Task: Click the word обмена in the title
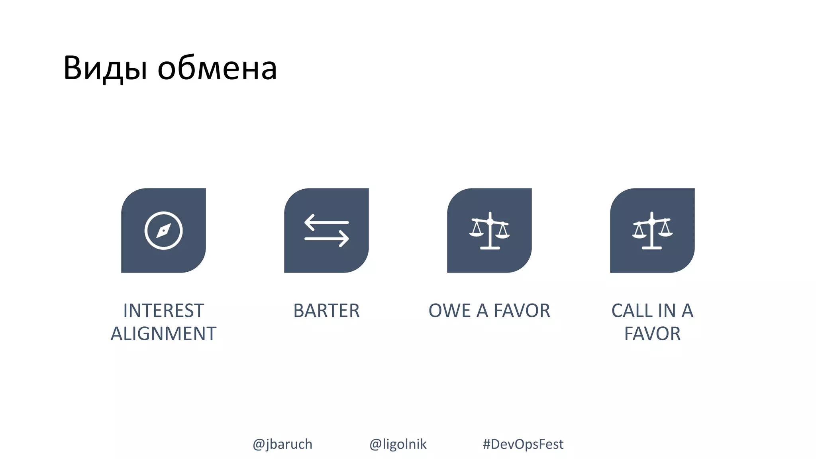tap(217, 69)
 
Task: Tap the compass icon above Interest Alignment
tap(163, 231)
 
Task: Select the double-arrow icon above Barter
tap(326, 231)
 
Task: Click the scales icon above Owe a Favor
tap(489, 231)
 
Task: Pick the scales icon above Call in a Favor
tap(652, 231)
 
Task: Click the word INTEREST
tap(163, 311)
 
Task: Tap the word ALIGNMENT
tap(163, 334)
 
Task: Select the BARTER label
tap(326, 311)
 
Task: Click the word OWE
tap(449, 311)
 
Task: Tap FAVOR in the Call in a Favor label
tap(652, 334)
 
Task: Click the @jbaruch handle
tap(282, 444)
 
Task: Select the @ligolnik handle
tap(398, 444)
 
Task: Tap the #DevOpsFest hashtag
tap(523, 444)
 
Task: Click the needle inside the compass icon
tap(163, 231)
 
